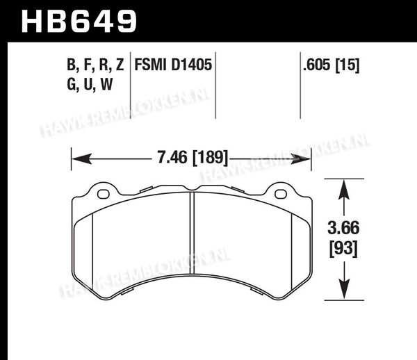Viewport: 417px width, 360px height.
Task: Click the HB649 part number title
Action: point(79,22)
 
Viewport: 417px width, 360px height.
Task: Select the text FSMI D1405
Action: point(173,65)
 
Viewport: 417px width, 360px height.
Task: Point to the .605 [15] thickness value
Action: point(332,65)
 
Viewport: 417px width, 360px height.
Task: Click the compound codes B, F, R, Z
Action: point(95,65)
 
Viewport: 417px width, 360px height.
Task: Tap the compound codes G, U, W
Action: point(90,84)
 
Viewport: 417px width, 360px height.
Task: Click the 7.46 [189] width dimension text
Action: point(193,157)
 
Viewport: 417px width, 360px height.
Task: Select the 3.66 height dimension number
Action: point(343,228)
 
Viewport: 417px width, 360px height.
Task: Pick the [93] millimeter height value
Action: point(343,249)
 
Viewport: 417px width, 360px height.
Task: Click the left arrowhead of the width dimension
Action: point(82,159)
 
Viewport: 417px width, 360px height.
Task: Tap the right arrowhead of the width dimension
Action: point(300,159)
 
